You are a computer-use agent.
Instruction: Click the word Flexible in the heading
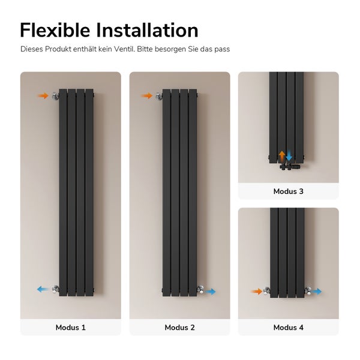(x=55, y=30)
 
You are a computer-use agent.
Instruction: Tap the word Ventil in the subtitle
(x=124, y=49)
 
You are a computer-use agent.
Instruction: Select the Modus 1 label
(x=70, y=327)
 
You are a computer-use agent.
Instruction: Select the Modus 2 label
(x=179, y=327)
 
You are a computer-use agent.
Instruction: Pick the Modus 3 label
(x=289, y=191)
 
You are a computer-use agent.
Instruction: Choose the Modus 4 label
(x=289, y=327)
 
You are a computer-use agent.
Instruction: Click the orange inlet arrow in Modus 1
(x=43, y=96)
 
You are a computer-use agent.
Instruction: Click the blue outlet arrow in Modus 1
(x=43, y=289)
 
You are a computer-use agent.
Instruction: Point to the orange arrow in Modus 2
(x=147, y=96)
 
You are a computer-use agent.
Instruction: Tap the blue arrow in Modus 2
(x=211, y=292)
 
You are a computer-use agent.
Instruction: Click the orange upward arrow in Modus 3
(x=282, y=156)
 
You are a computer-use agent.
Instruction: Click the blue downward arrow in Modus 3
(x=289, y=155)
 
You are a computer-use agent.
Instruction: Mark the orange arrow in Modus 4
(x=256, y=292)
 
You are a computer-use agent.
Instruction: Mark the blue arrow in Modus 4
(x=317, y=292)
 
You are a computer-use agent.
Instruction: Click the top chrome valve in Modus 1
(x=55, y=96)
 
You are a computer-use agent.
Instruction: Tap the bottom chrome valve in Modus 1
(x=56, y=289)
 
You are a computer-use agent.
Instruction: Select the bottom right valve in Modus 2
(x=200, y=290)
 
